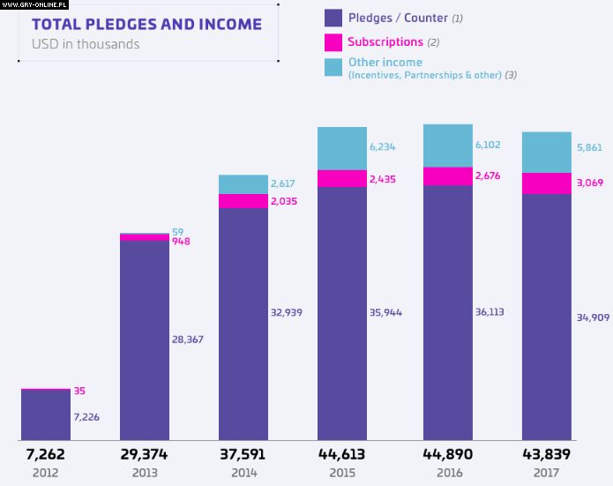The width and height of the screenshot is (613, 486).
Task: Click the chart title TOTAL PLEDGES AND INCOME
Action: tap(146, 24)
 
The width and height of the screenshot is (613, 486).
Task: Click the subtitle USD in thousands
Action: tap(86, 43)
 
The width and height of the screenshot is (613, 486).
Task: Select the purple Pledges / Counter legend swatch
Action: tap(333, 17)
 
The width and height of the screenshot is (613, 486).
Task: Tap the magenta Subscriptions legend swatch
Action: tap(333, 41)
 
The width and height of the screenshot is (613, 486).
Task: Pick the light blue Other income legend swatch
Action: tap(333, 67)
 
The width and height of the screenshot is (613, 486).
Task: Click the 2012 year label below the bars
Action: tap(46, 473)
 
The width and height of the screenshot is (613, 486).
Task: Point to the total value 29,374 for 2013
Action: tap(144, 454)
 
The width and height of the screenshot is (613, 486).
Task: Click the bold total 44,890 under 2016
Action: tap(448, 454)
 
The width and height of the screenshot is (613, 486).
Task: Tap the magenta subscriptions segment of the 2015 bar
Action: tap(342, 178)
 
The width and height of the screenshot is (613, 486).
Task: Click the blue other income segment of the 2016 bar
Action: tap(448, 146)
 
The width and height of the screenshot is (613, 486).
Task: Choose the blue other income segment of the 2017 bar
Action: tap(547, 153)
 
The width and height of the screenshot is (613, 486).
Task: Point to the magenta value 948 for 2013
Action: tap(181, 241)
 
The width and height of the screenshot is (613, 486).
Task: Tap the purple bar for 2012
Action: tap(46, 415)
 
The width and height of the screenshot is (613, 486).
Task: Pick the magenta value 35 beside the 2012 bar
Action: tap(80, 391)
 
